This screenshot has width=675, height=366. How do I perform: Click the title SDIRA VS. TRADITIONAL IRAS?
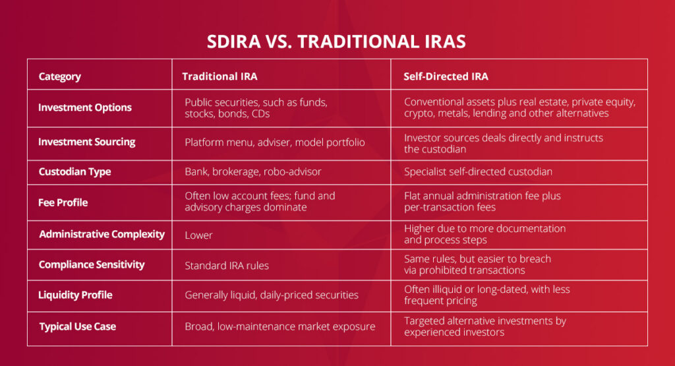click(x=337, y=42)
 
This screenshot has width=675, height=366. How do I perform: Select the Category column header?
click(x=59, y=76)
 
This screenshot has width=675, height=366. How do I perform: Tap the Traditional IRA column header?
click(x=220, y=76)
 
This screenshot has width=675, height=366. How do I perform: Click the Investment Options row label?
click(x=85, y=107)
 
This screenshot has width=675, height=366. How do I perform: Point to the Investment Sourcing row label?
click(x=87, y=142)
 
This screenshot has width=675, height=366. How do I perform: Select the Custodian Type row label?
click(x=74, y=171)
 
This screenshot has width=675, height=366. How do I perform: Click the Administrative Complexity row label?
click(x=102, y=234)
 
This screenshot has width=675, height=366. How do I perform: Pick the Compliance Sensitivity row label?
click(x=92, y=264)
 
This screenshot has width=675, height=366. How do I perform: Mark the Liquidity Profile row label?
click(x=75, y=295)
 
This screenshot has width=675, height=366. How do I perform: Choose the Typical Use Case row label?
click(x=77, y=326)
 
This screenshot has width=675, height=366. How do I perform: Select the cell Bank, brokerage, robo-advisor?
click(x=253, y=171)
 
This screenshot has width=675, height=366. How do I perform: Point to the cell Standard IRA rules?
click(x=227, y=265)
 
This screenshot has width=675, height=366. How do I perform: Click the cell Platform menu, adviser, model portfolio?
click(x=275, y=142)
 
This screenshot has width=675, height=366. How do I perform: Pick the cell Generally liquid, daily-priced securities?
click(x=272, y=295)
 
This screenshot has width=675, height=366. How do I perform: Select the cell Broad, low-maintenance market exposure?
click(x=280, y=326)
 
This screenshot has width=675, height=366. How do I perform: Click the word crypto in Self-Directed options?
click(x=418, y=113)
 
